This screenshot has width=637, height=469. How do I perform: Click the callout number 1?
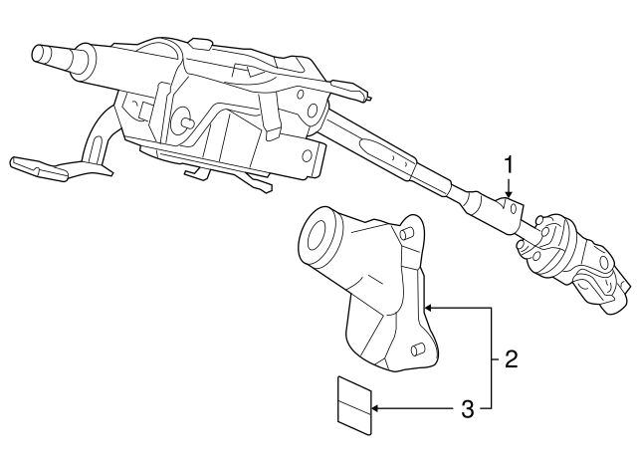click(x=509, y=166)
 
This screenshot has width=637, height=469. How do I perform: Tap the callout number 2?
click(x=511, y=359)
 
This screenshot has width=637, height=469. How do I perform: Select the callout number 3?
click(x=468, y=409)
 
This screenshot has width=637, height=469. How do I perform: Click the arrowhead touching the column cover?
click(x=429, y=308)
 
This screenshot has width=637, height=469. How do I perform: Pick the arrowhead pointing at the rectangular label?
click(x=377, y=407)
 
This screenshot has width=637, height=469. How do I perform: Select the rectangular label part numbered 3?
click(x=354, y=405)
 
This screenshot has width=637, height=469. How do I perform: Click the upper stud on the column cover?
click(x=406, y=233)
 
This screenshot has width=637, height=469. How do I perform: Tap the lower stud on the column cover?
click(x=418, y=350)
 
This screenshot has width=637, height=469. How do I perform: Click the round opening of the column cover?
click(x=318, y=235)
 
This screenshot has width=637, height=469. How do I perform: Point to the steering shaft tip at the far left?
click(x=41, y=54)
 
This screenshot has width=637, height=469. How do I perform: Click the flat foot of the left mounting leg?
click(x=39, y=167)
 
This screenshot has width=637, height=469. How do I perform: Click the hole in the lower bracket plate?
click(x=308, y=155)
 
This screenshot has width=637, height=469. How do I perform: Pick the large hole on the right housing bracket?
click(x=312, y=111)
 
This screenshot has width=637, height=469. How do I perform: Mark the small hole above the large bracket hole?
click(x=301, y=95)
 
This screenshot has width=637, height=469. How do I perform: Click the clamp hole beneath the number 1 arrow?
click(x=514, y=209)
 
